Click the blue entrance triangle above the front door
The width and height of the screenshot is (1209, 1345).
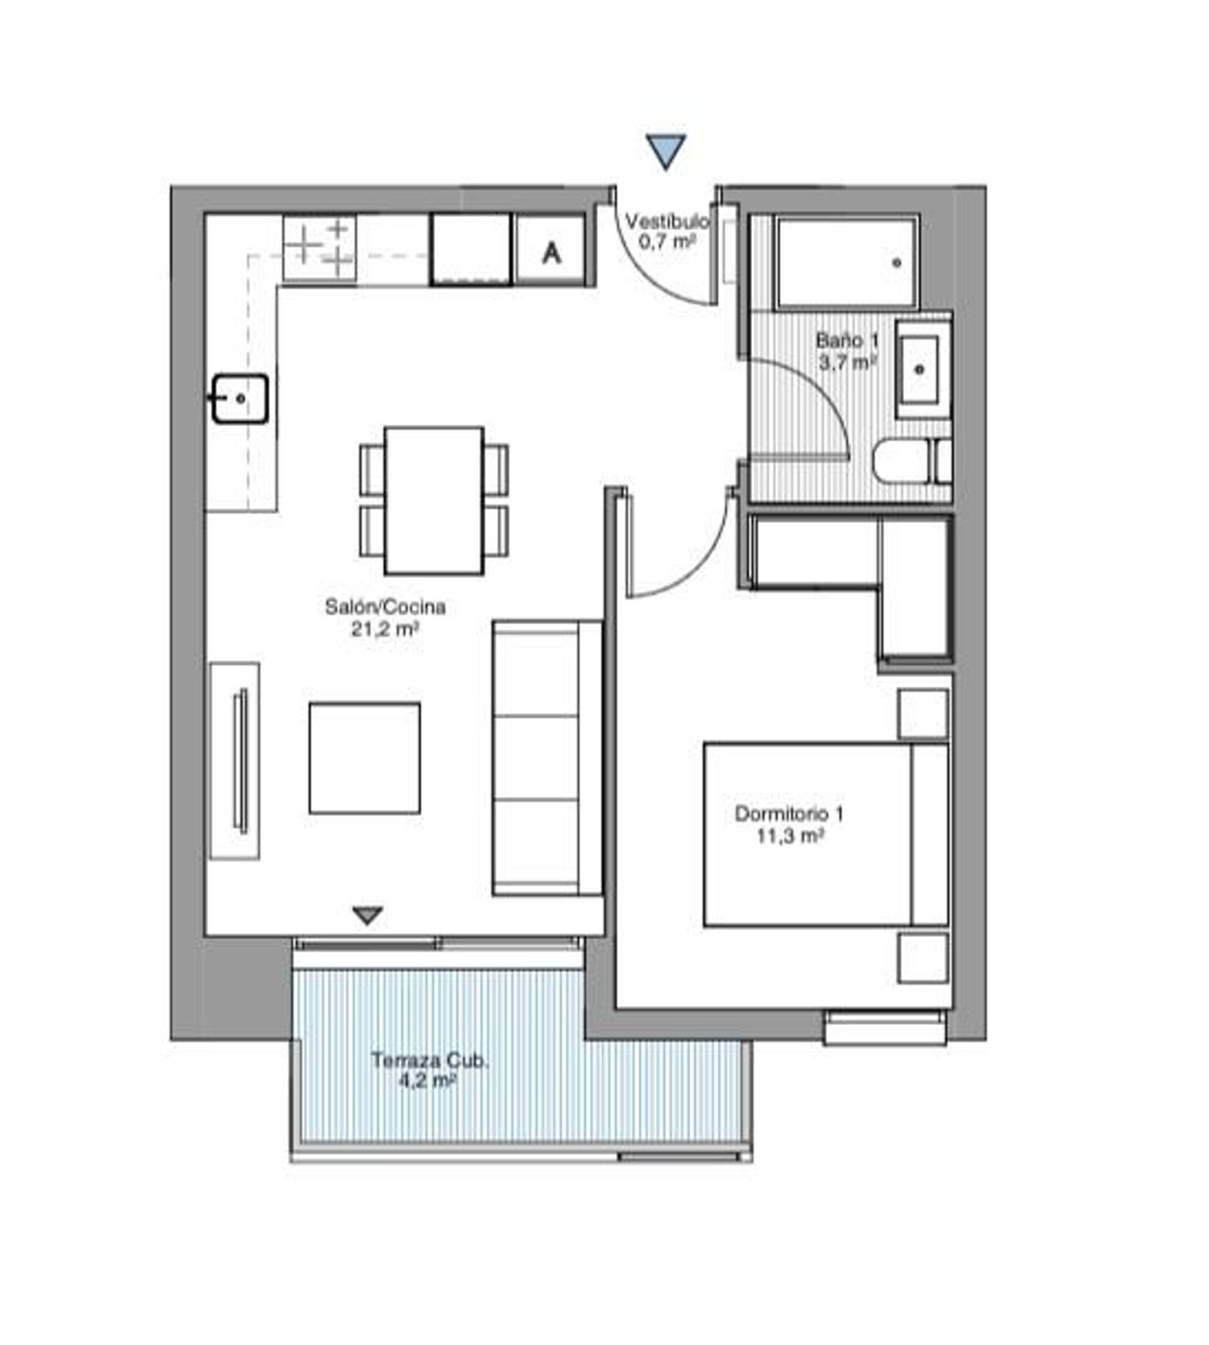pyautogui.click(x=666, y=150)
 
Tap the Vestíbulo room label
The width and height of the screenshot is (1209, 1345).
pyautogui.click(x=667, y=221)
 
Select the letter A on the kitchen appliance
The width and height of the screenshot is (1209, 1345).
pyautogui.click(x=551, y=253)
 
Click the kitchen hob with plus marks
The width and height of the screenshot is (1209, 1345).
pyautogui.click(x=320, y=248)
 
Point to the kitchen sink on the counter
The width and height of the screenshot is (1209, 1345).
pyautogui.click(x=240, y=398)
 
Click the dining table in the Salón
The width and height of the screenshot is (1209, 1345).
pyautogui.click(x=434, y=500)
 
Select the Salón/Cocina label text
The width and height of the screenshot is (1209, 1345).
pyautogui.click(x=385, y=606)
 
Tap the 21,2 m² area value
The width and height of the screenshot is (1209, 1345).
pyautogui.click(x=385, y=629)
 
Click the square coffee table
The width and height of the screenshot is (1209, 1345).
pyautogui.click(x=364, y=758)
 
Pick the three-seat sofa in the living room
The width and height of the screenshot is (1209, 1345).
pyautogui.click(x=547, y=758)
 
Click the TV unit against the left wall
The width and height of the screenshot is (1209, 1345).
pyautogui.click(x=235, y=761)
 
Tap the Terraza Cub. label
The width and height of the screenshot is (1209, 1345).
pyautogui.click(x=430, y=1060)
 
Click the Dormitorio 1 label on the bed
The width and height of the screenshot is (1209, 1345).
pyautogui.click(x=789, y=814)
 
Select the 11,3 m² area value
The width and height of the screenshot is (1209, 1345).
pyautogui.click(x=789, y=836)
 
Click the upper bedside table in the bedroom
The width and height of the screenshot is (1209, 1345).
pyautogui.click(x=923, y=714)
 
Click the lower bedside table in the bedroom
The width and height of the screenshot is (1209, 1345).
pyautogui.click(x=923, y=958)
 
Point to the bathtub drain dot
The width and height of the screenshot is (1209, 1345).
pyautogui.click(x=896, y=263)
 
